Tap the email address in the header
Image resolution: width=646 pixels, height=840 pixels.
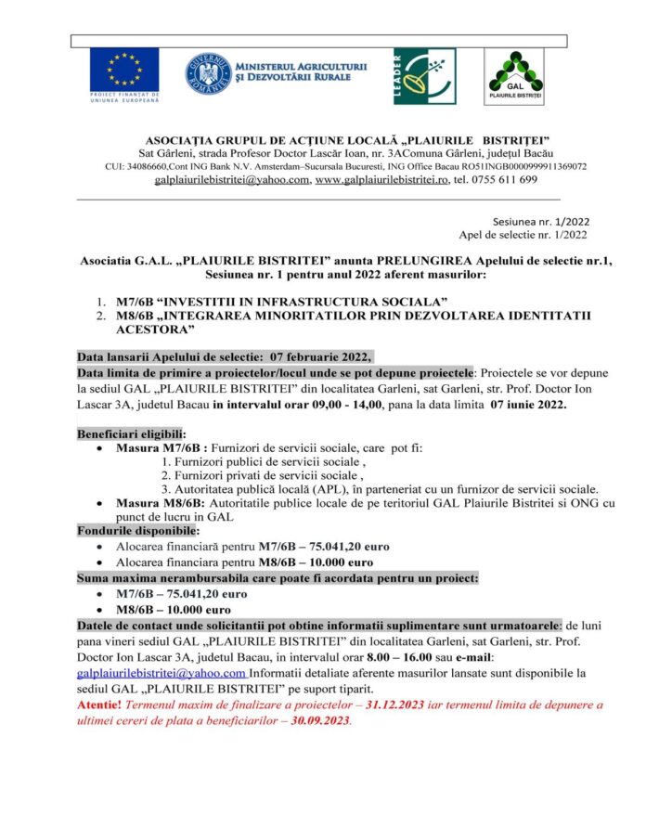click(x=232, y=180)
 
